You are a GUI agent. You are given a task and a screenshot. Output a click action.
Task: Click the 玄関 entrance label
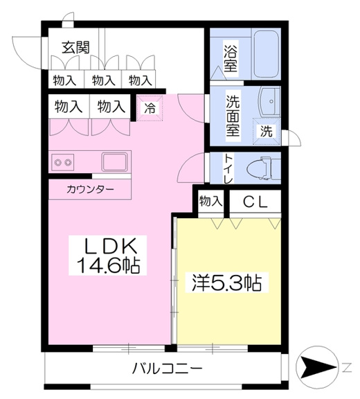point(76,47)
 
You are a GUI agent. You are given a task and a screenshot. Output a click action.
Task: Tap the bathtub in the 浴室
point(267,54)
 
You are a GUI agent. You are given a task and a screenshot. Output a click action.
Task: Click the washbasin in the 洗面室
point(270,102)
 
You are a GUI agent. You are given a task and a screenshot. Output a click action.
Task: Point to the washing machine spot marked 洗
point(266,132)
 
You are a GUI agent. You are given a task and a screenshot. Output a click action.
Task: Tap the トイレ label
point(228,168)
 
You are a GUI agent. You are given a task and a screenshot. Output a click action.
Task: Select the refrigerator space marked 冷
point(150,108)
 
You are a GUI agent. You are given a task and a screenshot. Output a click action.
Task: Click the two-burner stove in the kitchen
point(63,162)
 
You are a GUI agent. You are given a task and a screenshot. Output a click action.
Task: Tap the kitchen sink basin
point(114,162)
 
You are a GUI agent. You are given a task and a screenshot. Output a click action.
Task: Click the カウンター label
point(90,189)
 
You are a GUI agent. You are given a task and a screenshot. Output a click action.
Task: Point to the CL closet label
point(255,202)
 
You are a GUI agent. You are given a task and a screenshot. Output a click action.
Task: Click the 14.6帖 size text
point(108,265)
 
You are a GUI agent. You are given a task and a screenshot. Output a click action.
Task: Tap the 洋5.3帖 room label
point(227,283)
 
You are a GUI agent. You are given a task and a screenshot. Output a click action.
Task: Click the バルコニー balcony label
point(168,369)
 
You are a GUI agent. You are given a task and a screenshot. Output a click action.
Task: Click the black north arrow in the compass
point(318,367)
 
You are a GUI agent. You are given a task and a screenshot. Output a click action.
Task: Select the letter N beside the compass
point(348,367)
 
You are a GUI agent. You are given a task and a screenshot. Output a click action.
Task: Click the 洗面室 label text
point(233,115)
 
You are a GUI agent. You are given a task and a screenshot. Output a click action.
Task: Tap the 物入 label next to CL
point(211,202)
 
